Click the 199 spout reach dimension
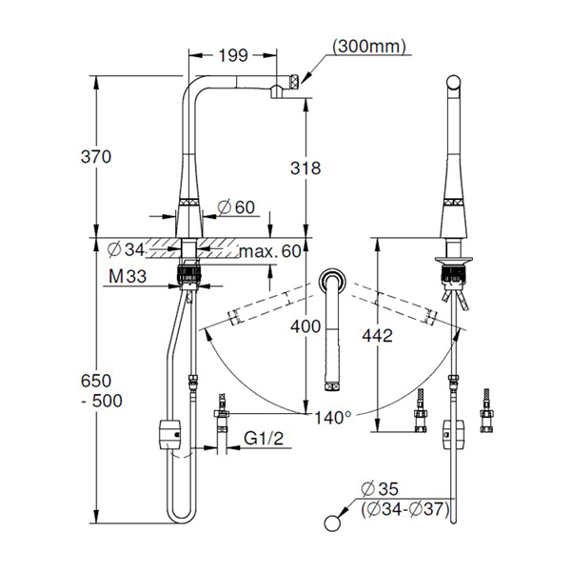(x=233, y=55)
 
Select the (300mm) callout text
(x=369, y=47)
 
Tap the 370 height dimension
(x=96, y=157)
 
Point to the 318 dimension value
(x=305, y=167)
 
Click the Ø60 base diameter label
(x=236, y=207)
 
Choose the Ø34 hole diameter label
(x=126, y=249)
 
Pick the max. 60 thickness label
(x=270, y=251)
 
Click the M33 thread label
(x=128, y=276)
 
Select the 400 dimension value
(x=305, y=326)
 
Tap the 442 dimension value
(x=377, y=335)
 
